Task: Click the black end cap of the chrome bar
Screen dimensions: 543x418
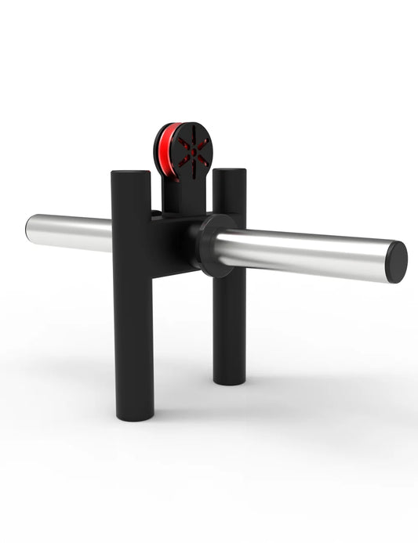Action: tap(396, 262)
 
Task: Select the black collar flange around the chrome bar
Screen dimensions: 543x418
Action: tap(210, 244)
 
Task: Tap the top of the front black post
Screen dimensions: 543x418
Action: tap(131, 175)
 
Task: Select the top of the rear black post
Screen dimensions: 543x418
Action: tap(229, 172)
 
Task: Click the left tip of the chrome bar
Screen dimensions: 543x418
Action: tap(28, 229)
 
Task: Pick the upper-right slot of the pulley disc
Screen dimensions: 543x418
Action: tap(201, 142)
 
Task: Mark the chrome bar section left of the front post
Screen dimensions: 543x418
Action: tap(71, 233)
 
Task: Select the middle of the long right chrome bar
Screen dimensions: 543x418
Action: tap(306, 252)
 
